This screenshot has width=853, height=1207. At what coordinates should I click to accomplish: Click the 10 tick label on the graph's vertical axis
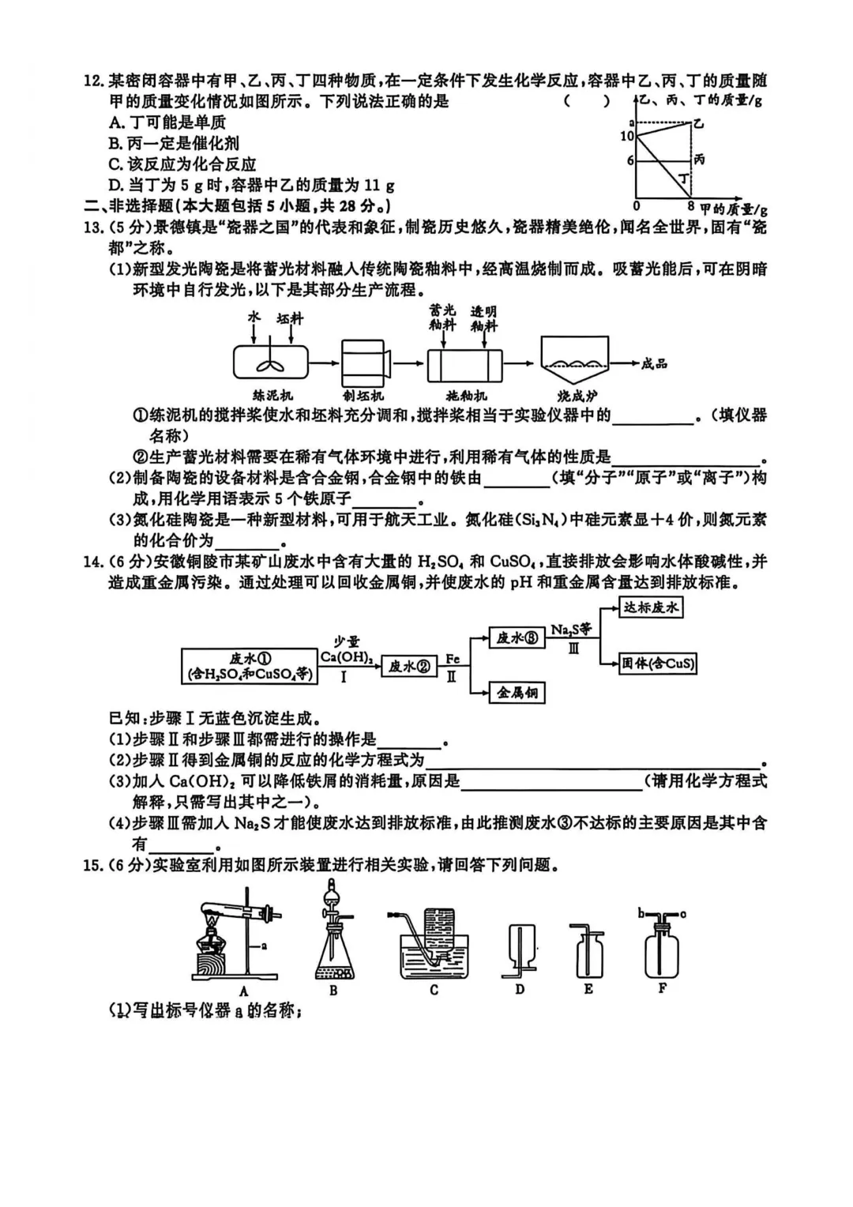627,136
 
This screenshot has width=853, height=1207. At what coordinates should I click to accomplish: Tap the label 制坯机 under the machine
363,395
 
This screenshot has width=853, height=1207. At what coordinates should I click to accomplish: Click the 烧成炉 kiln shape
574,362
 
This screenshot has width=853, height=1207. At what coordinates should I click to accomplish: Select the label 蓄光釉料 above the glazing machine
442,318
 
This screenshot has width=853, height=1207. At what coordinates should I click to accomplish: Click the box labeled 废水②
409,666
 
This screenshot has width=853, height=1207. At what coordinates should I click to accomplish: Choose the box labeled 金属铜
517,693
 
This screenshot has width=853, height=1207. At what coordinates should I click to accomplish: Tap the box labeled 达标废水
651,607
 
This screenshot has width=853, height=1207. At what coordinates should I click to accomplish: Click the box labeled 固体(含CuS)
659,663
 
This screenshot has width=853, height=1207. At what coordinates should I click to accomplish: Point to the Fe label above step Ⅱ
452,658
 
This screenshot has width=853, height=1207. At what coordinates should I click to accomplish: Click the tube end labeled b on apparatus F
641,913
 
